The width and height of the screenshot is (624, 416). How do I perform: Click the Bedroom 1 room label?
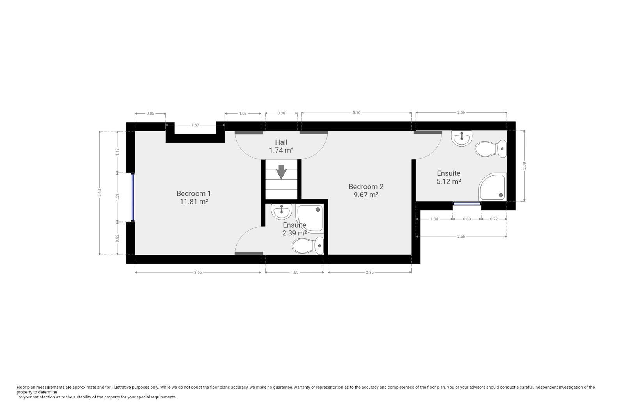pos(193,193)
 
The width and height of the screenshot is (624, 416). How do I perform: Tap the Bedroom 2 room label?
pos(366,187)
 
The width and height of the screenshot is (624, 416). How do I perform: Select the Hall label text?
pos(281,142)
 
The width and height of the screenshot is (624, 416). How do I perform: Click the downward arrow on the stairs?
pos(281,172)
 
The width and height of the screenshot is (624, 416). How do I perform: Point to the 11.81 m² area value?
pos(193,202)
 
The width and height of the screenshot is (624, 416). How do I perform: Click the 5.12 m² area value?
pos(448,182)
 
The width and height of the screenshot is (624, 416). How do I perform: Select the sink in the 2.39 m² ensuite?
pos(282,211)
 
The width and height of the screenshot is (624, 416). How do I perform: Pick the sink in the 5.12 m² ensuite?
pos(462,138)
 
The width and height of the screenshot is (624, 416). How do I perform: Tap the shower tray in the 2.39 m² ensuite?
pos(310,218)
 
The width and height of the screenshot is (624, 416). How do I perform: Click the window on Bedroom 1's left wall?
pos(133,197)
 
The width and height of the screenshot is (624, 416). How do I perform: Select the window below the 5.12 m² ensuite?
pos(467,203)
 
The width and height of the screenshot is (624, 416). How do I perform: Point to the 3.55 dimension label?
pos(198,273)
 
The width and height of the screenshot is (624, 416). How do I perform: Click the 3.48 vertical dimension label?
pos(100,193)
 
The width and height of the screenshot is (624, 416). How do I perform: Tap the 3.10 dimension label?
pos(356,113)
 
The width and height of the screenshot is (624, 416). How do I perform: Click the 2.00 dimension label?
pos(524,165)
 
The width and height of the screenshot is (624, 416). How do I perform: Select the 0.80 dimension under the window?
pos(466,219)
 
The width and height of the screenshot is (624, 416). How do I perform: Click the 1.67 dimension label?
pos(195,125)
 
